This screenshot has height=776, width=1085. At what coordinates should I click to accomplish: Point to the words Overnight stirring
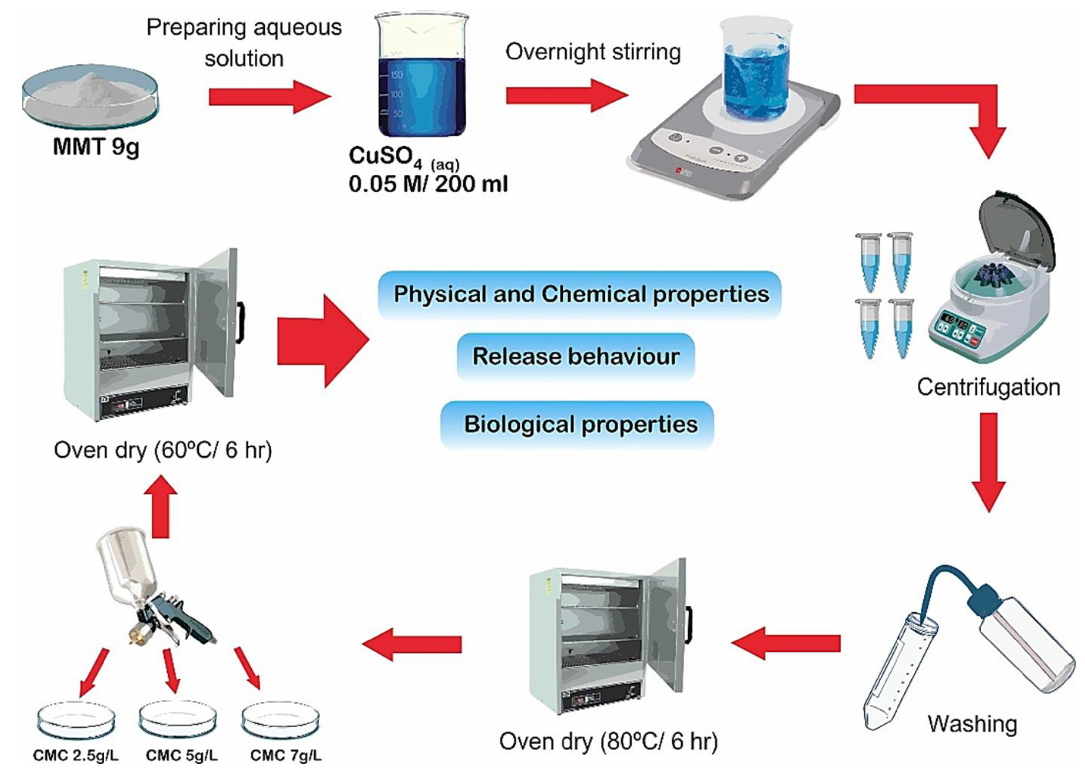(x=593, y=52)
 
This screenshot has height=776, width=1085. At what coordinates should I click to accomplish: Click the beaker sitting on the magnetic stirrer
(x=754, y=67)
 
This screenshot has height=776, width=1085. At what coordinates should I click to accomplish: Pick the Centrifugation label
(x=988, y=387)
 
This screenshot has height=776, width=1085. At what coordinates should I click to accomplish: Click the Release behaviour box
(x=575, y=357)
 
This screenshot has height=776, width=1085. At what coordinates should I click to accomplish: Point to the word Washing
(x=972, y=723)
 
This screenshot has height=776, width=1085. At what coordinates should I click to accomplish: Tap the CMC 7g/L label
(x=285, y=756)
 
